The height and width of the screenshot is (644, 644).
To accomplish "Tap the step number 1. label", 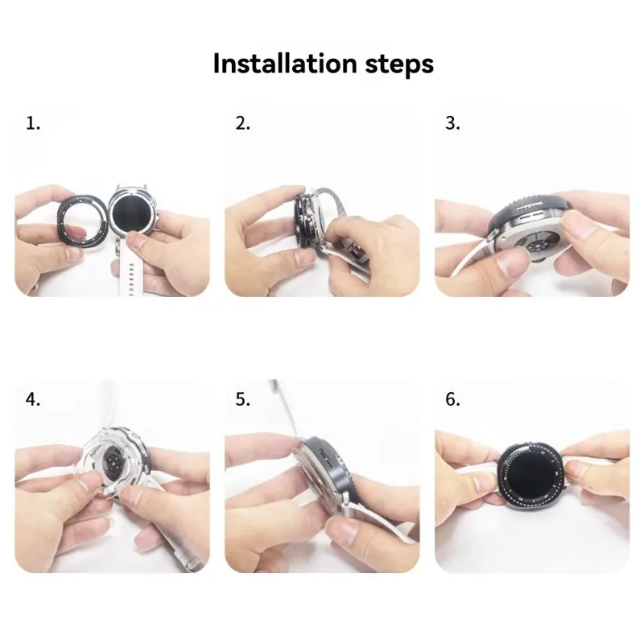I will (32, 123).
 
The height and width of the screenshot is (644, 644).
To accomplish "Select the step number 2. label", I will (242, 123).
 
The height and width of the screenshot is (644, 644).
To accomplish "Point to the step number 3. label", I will (452, 123).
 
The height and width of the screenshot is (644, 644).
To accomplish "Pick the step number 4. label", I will (32, 399).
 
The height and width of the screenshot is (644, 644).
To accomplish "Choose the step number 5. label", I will (242, 399).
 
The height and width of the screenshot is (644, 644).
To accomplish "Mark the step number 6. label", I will (452, 399).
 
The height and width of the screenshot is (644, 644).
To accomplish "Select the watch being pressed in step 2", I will (304, 221).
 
